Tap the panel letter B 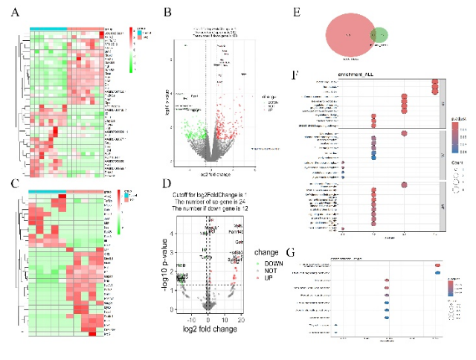[x=168, y=13]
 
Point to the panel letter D [x=169, y=184]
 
